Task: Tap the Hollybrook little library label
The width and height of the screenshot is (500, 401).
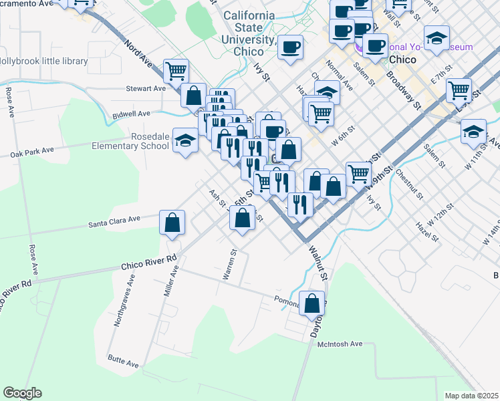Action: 43,61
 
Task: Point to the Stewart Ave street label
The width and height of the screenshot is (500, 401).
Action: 146,88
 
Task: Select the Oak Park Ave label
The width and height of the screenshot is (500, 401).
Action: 32,152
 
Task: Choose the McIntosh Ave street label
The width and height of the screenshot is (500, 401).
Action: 339,344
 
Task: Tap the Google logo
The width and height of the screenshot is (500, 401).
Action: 22,393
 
